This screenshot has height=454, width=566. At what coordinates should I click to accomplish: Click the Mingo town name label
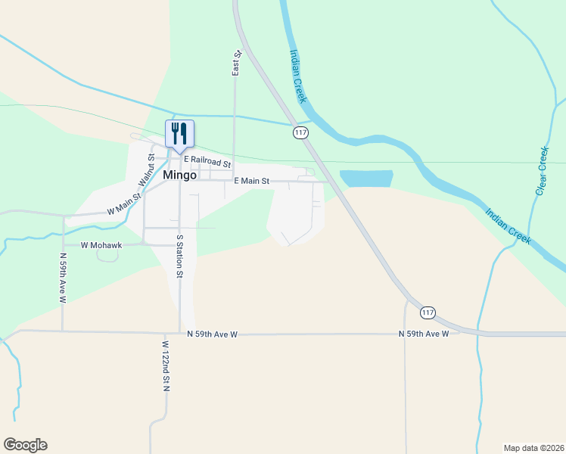click(180, 175)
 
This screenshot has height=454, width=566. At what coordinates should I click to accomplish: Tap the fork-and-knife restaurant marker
click(179, 134)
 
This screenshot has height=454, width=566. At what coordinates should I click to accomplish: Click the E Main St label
click(251, 181)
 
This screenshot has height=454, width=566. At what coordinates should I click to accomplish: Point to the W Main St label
click(124, 204)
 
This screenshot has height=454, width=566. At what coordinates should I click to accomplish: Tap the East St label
click(236, 63)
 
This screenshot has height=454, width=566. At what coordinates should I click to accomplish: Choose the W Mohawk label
click(102, 245)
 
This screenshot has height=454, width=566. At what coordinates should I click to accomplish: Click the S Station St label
click(180, 257)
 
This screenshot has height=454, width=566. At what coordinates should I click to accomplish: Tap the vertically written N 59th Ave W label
click(63, 277)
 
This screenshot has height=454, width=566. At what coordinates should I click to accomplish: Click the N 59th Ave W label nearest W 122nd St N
click(213, 334)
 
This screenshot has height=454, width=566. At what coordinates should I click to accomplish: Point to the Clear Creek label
click(542, 171)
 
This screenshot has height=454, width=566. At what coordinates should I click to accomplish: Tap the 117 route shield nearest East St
click(300, 132)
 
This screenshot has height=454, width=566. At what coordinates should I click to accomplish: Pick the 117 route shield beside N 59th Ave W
click(428, 313)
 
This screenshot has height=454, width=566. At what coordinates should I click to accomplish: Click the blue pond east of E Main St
click(366, 179)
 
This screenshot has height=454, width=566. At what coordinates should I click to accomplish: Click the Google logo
click(25, 445)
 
